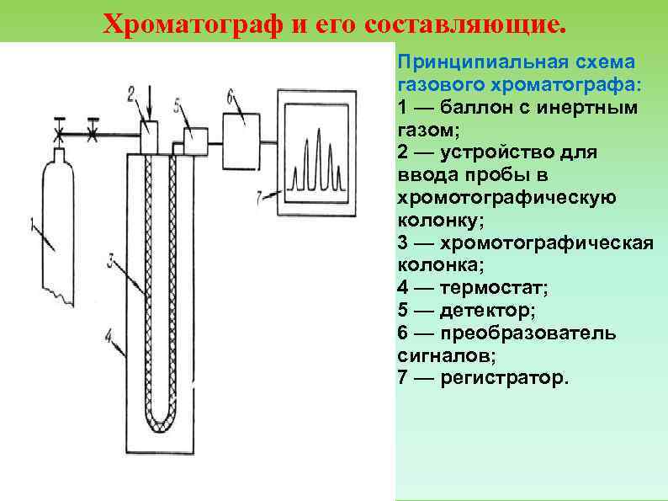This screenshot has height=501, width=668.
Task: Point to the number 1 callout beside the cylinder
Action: (33, 225)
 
